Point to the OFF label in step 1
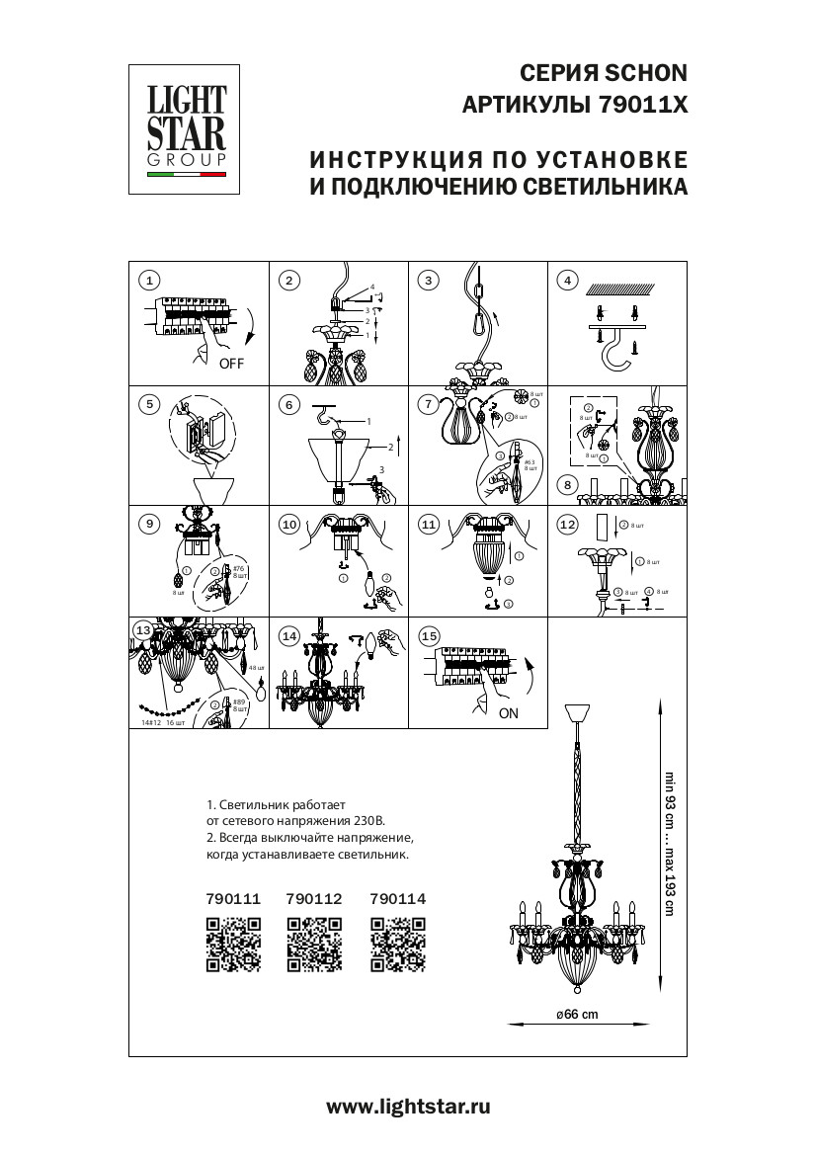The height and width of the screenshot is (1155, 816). click(x=231, y=364)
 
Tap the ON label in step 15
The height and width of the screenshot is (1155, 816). click(x=509, y=712)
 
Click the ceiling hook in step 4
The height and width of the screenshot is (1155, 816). click(x=617, y=347)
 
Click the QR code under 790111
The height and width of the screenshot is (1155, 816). click(x=233, y=945)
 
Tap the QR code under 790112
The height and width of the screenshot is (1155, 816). click(x=314, y=945)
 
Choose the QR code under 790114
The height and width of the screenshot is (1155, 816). click(x=398, y=945)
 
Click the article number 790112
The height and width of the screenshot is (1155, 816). click(x=313, y=898)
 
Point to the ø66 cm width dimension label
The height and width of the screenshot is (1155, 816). click(x=577, y=1015)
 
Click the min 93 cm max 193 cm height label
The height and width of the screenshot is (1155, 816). click(x=669, y=844)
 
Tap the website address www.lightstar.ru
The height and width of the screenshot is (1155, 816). click(x=408, y=1108)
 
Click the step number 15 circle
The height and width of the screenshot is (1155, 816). click(x=428, y=636)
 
